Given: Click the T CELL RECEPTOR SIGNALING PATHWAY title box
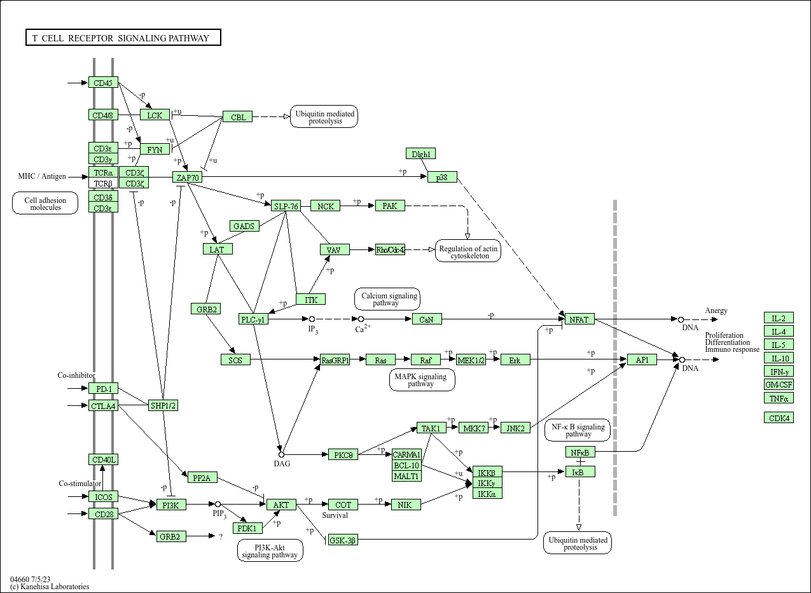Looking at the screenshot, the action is point(123,38).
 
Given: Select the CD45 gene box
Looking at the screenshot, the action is point(103,83).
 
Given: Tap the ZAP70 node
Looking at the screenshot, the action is point(187,177).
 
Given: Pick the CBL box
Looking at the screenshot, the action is point(237,116).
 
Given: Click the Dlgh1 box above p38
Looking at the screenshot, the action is point(420,153).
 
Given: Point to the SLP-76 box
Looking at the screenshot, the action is point(286,206).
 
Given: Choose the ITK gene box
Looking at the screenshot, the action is point(310,299).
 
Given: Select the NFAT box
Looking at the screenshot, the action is point(579,319).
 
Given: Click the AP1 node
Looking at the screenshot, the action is point(642,359).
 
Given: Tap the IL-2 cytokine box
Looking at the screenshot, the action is point(779,317).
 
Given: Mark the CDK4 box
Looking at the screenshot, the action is point(779,417).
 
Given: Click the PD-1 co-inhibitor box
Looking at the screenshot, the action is point(103,388).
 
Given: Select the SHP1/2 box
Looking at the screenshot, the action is point(163,405).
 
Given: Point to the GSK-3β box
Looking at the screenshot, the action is point(343,540).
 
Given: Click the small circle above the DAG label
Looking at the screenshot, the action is point(281,454).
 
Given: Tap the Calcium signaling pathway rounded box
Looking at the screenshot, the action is point(387,299).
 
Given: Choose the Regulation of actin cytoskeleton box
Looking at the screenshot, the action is point(468,251).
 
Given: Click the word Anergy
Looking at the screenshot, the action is point(716,310).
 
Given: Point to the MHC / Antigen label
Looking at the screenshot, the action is point(42,176).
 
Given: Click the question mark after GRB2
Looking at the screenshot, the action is point(221,536).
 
